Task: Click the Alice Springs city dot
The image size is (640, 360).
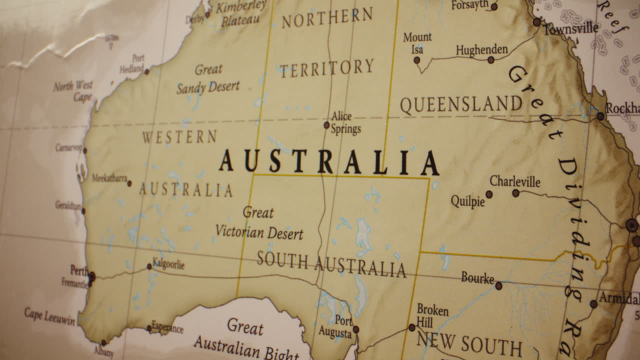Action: (326, 125)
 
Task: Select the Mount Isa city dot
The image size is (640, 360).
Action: (416, 60)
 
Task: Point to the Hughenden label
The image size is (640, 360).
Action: (481, 50)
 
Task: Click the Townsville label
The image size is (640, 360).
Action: (570, 28)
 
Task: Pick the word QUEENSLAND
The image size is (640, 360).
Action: (461, 105)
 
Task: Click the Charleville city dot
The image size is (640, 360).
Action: (515, 193)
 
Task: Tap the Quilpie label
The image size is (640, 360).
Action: (467, 201)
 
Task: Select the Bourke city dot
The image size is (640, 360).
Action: (498, 286)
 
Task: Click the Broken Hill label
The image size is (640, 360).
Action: (432, 316)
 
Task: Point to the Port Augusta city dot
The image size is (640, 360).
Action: (355, 329)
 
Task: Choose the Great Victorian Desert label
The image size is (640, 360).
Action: (259, 223)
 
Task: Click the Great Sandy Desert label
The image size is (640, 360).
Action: (208, 79)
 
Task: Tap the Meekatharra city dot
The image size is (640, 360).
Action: (129, 183)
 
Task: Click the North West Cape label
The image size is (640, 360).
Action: (73, 91)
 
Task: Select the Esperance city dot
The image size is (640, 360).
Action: (149, 328)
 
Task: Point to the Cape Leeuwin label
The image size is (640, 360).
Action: (49, 316)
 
